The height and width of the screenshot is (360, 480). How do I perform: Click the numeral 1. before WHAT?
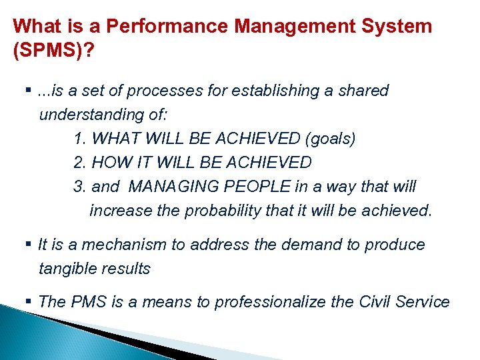click(x=80, y=139)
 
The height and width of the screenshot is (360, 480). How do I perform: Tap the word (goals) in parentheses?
click(x=330, y=139)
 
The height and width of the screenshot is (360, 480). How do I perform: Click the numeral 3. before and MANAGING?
click(x=80, y=187)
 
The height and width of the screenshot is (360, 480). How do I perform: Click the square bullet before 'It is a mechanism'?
click(x=32, y=245)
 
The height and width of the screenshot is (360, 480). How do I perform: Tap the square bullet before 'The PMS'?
click(x=32, y=301)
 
